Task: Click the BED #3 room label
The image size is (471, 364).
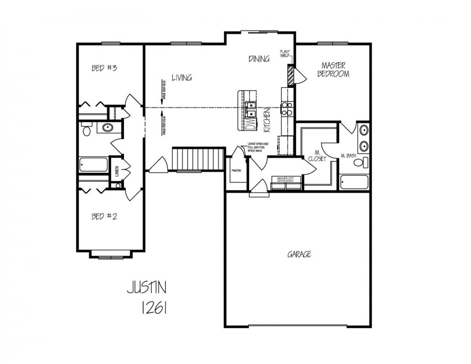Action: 104,68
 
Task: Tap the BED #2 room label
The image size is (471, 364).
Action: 104,216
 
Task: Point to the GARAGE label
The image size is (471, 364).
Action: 299,254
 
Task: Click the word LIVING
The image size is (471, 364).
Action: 182,78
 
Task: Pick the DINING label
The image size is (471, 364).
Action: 259,59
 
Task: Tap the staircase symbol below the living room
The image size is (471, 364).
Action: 198,159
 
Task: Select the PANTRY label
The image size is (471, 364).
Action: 236,171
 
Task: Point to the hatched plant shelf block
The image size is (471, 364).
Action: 290,75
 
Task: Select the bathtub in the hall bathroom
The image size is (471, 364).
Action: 93,165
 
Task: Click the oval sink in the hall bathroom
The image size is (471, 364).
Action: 107,128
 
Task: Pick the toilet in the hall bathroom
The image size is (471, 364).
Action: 86,130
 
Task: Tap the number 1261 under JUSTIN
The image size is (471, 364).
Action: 154,308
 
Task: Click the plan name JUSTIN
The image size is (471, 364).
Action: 146,287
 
